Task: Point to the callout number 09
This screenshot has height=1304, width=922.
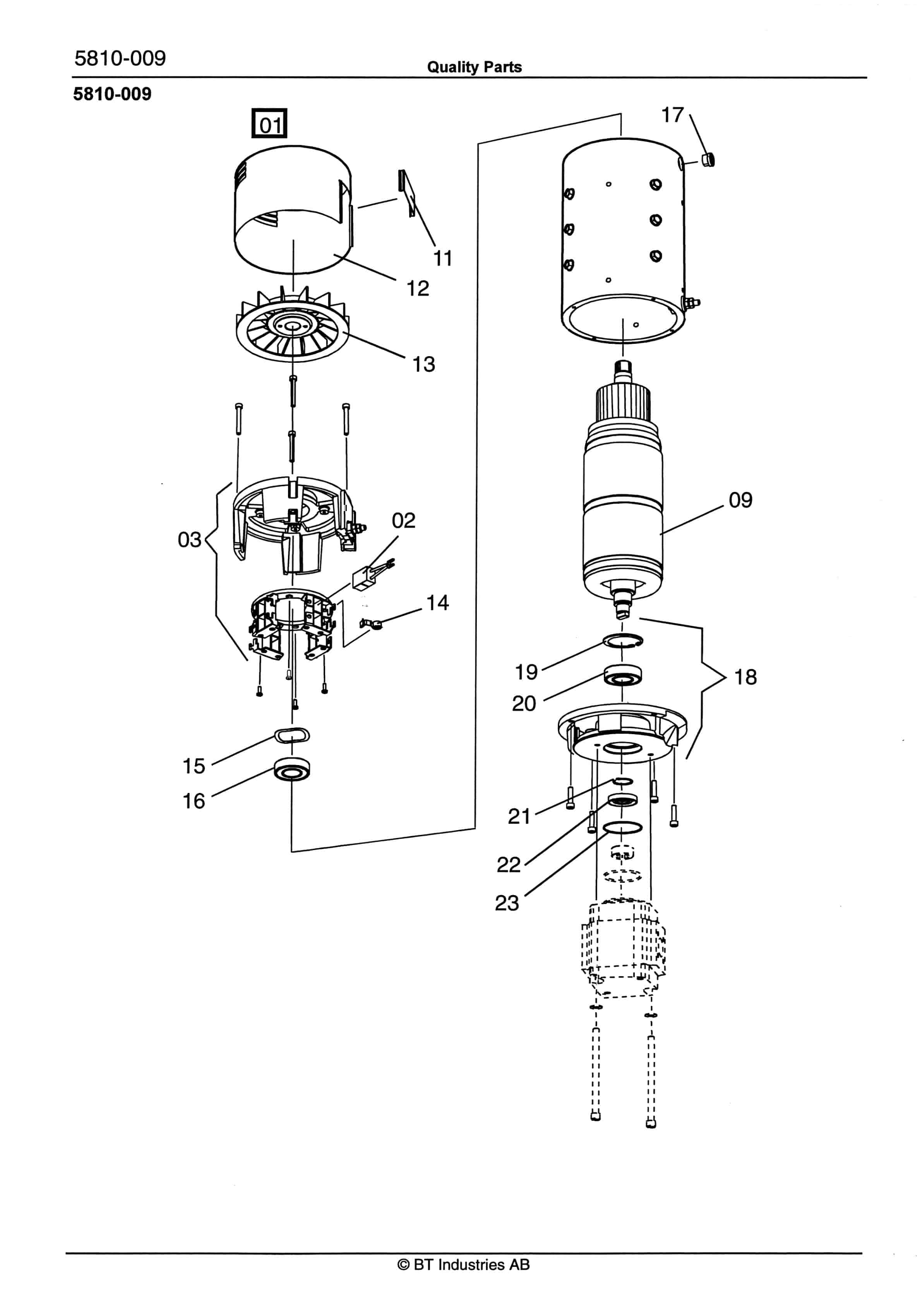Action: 740,500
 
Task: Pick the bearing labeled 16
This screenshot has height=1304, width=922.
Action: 292,769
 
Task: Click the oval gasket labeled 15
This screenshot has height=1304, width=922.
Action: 292,736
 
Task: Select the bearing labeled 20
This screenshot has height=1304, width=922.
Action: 623,675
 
